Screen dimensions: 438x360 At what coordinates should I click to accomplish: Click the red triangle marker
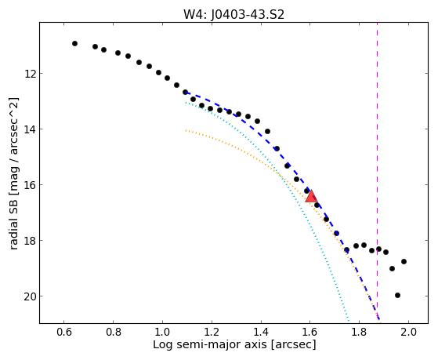click(311, 196)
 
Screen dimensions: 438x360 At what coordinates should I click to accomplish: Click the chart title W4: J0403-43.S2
click(233, 14)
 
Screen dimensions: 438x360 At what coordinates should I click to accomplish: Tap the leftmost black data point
click(74, 43)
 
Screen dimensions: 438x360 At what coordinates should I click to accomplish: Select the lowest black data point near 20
click(397, 295)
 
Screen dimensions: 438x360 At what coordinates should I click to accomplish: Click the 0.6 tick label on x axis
click(64, 333)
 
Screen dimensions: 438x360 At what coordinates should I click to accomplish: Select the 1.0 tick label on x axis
click(162, 333)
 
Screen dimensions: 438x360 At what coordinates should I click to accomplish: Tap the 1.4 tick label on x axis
click(261, 333)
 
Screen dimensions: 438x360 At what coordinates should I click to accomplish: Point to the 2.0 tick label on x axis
click(408, 333)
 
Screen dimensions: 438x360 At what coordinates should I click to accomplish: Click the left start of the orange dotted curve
click(186, 130)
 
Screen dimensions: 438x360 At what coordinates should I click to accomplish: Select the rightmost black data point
click(404, 261)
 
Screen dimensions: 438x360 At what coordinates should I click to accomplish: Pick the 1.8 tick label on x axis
click(359, 333)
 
